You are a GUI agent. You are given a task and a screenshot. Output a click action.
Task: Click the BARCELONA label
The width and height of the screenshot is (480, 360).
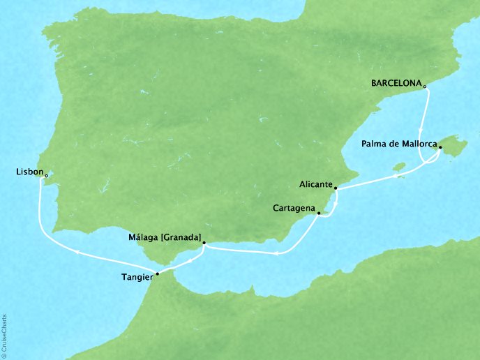[x=396, y=84]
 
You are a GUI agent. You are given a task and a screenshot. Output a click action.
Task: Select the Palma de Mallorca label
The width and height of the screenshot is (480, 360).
[x=399, y=145]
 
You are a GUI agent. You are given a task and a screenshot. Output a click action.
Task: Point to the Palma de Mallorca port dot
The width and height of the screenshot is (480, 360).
[x=440, y=147]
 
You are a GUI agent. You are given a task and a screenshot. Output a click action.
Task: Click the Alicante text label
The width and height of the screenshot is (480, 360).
[x=315, y=186]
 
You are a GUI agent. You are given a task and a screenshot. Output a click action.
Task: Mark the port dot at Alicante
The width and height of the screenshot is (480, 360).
[x=336, y=188]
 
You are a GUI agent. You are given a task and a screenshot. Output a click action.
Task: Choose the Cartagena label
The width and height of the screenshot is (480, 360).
[x=294, y=208]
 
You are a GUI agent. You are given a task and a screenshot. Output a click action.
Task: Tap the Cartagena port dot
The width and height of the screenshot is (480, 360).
[x=319, y=214]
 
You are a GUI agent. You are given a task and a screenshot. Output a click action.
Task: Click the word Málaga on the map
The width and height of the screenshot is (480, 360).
[x=143, y=238]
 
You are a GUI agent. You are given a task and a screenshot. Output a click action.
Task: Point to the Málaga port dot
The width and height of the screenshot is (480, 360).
[x=204, y=243]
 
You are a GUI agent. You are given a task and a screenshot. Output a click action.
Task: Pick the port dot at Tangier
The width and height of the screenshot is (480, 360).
[x=157, y=273]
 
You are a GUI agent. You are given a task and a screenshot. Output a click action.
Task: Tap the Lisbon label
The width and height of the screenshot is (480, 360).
[x=27, y=171]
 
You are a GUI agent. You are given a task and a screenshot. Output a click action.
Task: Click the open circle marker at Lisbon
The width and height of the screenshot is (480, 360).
[x=46, y=176]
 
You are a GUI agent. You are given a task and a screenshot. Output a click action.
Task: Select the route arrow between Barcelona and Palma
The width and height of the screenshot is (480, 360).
[x=420, y=130]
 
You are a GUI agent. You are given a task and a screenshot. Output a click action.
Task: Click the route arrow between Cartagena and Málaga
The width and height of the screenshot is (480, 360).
[x=277, y=253]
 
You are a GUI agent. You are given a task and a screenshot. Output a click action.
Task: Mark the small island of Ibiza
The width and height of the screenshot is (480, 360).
[x=400, y=167]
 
